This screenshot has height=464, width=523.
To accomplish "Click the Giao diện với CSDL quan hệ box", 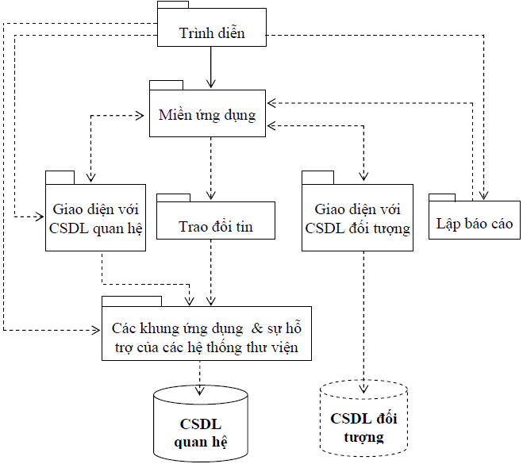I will click(94, 217).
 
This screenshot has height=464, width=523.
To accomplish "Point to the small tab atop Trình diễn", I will click(172, 6).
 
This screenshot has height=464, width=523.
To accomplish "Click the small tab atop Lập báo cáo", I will click(442, 196).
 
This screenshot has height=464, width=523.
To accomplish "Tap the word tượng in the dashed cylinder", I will click(364, 437).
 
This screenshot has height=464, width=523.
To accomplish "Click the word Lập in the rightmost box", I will click(449, 224).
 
